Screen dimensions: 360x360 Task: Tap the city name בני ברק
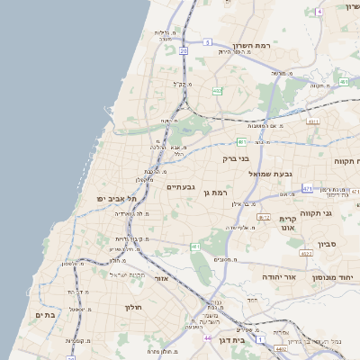click(235, 158)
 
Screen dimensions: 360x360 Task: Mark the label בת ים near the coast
click(45, 315)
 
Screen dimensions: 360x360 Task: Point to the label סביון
click(327, 244)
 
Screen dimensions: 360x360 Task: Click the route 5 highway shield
click(207, 42)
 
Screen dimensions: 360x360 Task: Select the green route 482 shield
click(218, 91)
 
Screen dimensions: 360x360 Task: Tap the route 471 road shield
click(307, 189)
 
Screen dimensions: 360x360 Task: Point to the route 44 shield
click(208, 337)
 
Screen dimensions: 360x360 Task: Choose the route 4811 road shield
click(313, 121)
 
